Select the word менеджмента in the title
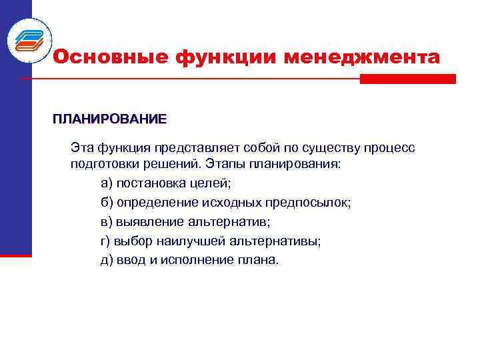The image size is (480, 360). pos(362,58)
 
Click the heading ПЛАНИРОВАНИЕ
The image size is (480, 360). pos(110,120)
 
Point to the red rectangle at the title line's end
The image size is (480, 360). pos(407,79)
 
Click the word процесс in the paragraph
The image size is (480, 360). pos(391,147)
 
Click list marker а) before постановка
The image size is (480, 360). pos(107,183)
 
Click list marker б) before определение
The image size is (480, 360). pos(107,202)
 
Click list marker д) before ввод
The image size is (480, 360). pos(107,260)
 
